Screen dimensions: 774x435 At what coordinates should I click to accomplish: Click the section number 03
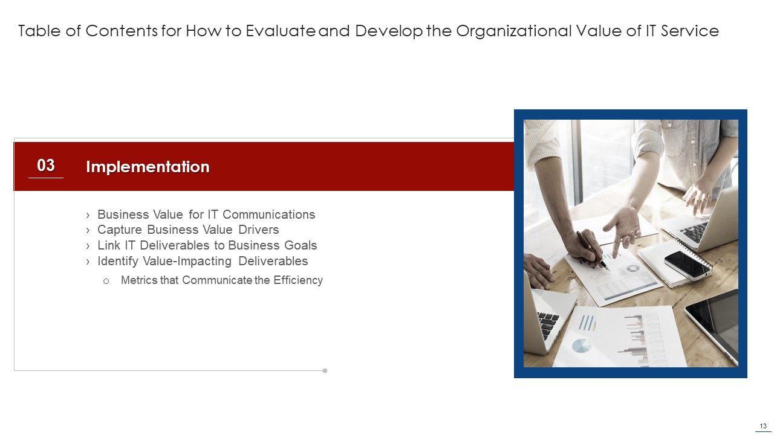point(46,166)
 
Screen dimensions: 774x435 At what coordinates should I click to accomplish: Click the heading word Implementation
point(148,167)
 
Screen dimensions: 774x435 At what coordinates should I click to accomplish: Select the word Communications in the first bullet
point(269,214)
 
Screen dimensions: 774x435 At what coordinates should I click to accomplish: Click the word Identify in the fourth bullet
point(118,262)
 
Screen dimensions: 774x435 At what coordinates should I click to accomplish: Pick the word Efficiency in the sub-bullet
point(298,280)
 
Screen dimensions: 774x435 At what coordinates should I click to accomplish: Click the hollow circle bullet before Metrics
point(106,282)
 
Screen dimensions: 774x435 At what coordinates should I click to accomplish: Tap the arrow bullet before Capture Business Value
point(88,230)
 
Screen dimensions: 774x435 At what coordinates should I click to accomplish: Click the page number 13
point(763,426)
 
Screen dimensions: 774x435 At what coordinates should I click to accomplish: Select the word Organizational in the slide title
point(514,31)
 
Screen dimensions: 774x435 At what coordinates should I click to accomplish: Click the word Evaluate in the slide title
point(281,31)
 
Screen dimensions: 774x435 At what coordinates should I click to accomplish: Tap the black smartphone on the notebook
point(686,265)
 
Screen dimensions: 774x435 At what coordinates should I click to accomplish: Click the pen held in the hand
point(592,250)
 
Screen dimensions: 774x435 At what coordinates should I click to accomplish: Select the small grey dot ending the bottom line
point(325,371)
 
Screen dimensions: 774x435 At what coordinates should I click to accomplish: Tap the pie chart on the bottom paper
point(582,346)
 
